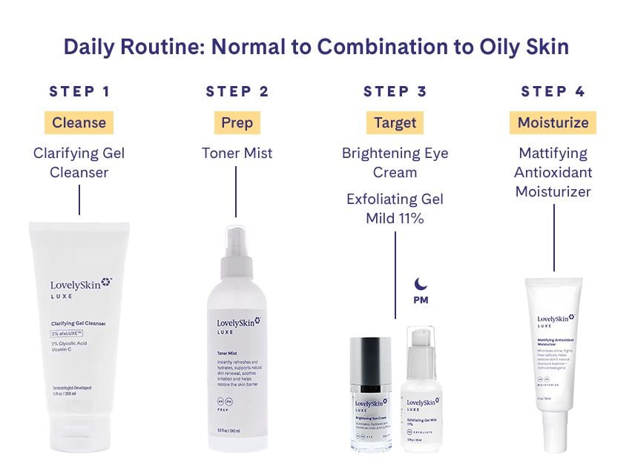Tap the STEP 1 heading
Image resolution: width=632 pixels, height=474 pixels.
click(79, 92)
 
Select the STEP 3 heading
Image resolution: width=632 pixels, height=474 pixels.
click(395, 92)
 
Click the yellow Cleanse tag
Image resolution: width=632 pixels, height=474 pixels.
click(79, 122)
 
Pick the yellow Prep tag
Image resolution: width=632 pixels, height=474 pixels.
click(237, 122)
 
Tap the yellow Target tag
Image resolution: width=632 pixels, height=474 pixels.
click(395, 122)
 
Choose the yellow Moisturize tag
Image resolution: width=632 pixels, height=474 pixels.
click(553, 122)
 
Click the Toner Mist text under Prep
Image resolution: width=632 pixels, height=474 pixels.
click(237, 154)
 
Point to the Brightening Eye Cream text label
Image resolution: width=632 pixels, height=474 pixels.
click(395, 162)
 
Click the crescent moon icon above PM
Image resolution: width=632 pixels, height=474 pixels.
click(421, 284)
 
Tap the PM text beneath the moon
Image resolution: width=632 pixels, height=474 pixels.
click(421, 300)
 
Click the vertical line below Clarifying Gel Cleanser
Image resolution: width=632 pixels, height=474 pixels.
click(79, 200)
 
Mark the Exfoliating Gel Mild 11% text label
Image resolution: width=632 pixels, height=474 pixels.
click(395, 208)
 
